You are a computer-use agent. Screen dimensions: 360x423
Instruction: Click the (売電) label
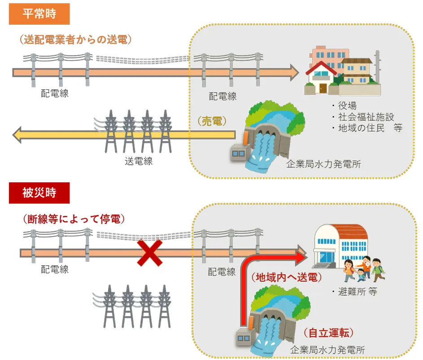pos(211,121)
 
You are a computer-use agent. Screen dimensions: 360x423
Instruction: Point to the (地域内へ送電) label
pos(286,277)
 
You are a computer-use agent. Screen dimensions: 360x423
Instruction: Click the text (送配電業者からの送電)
pos(75,40)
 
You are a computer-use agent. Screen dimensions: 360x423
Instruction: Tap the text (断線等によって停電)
pos(73,219)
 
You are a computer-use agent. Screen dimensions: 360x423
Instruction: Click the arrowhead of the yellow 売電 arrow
pos(18,134)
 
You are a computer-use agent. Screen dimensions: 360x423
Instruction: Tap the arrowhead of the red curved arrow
pos(301,258)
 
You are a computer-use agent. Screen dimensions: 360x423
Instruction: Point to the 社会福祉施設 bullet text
pos(366,117)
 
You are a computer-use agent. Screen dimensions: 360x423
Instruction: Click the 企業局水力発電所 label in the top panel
pos(323,164)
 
